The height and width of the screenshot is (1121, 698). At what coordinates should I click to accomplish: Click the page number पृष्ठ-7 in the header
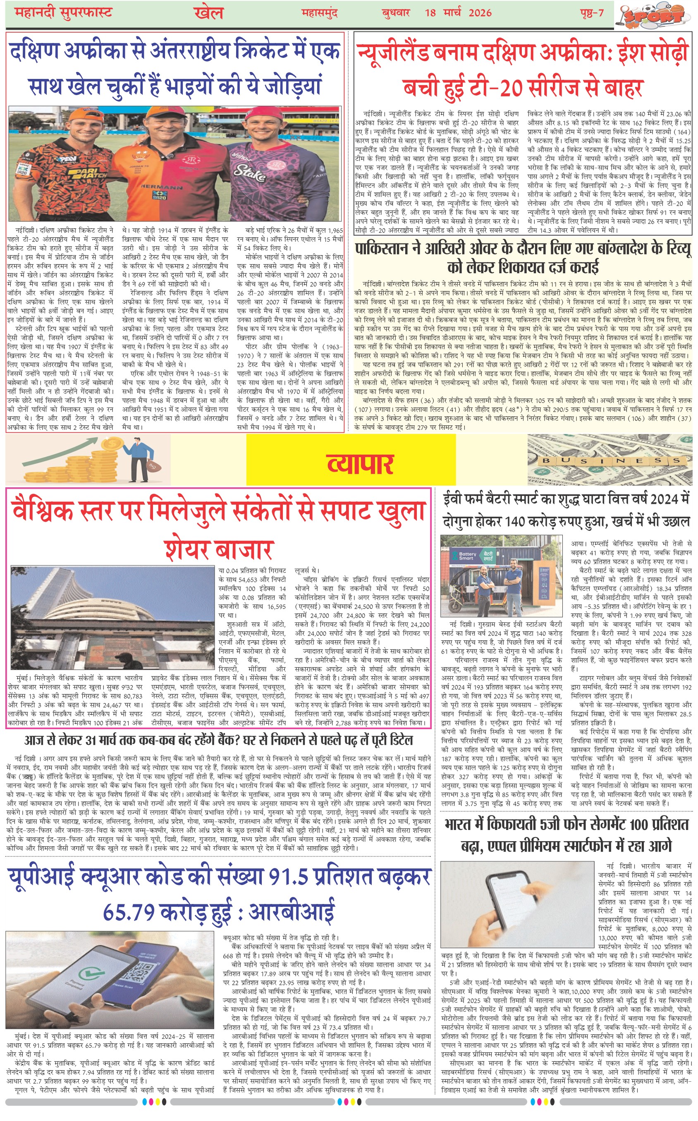click(x=592, y=12)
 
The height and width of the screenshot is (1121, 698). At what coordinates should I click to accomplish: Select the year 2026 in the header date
click(x=480, y=12)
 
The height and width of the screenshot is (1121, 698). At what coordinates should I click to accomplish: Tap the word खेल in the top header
click(x=209, y=13)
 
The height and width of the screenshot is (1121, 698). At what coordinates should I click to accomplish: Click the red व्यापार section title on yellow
click(x=360, y=464)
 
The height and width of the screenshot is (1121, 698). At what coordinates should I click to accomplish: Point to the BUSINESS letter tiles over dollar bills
click(x=611, y=460)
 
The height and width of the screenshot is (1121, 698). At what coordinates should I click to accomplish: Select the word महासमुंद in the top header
click(x=320, y=12)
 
